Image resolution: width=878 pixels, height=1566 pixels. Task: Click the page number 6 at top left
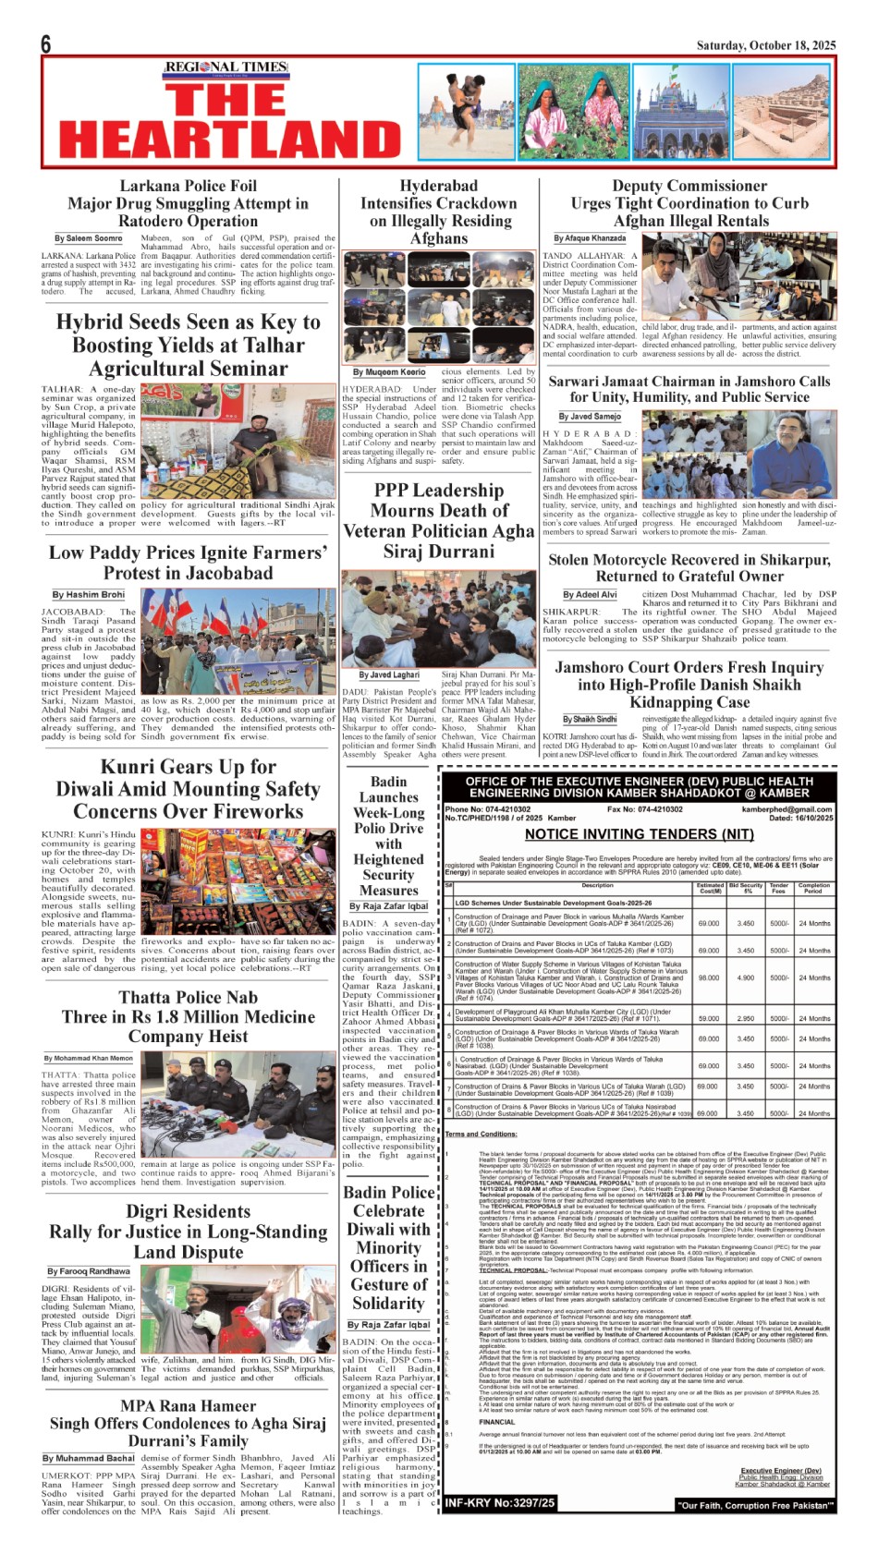point(46,43)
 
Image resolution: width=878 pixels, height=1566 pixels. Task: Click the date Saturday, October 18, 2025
point(766,45)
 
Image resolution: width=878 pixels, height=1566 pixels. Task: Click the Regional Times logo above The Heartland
point(226,67)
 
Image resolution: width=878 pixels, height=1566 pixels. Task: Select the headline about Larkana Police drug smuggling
point(188,203)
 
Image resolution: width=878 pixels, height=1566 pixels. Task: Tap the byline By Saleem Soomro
point(88,238)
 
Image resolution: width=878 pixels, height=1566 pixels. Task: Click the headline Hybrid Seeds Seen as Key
point(188,345)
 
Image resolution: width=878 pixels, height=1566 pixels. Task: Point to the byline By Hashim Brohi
point(88,595)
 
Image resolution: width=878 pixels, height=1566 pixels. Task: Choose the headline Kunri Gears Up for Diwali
point(188,789)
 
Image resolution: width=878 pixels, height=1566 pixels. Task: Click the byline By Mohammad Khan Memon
point(89,1058)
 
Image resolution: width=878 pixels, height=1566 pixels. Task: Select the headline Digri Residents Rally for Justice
point(188,1232)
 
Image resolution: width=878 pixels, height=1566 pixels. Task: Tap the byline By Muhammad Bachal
point(88,1458)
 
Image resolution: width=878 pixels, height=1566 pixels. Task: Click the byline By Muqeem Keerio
point(389,372)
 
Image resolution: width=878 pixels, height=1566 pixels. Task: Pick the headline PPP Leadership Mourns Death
point(439,520)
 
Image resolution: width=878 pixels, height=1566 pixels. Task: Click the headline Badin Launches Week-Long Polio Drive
point(388,835)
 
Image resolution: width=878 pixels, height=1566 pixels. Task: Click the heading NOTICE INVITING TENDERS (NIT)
point(639,834)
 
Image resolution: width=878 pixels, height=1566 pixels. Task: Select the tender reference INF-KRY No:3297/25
point(500,1503)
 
